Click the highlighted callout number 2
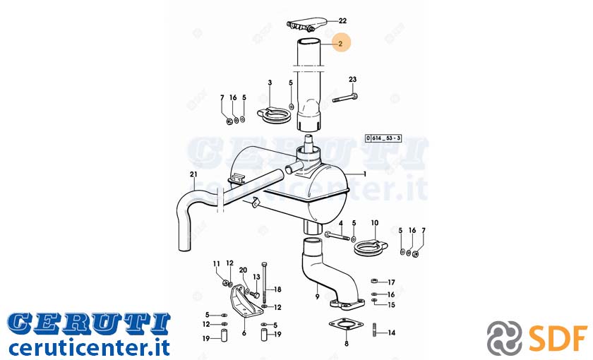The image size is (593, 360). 340,44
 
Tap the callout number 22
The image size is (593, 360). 342,20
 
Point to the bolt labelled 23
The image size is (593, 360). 345,97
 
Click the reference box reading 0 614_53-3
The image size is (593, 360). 383,138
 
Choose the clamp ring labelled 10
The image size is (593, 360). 371,246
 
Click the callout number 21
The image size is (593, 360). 193,174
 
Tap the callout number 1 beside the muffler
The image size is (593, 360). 365,174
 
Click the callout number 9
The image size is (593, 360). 317,297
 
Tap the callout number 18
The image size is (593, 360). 278,289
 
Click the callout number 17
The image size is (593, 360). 391,282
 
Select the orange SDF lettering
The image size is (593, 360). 558,337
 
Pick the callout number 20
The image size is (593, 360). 243,270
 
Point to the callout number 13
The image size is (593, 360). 257,277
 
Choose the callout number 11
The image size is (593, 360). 216,263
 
